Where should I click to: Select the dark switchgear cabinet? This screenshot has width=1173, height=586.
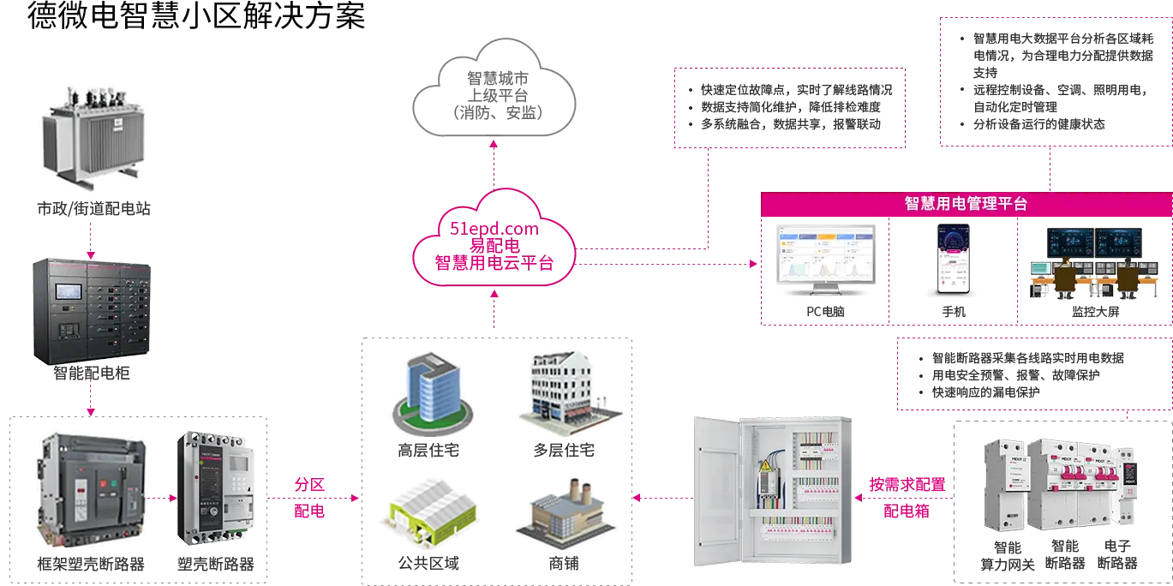point(90,313)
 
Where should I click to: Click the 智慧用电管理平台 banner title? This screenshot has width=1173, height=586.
point(966,204)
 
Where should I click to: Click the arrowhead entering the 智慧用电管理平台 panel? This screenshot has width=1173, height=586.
point(755,265)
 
